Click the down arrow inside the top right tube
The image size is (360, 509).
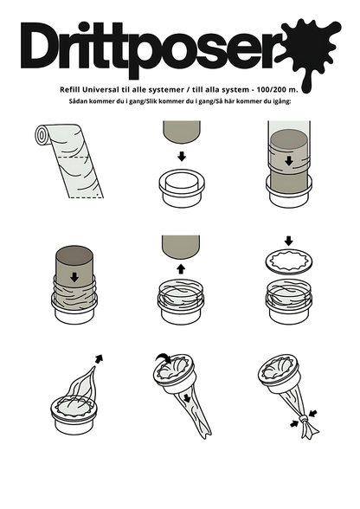coord(288,159)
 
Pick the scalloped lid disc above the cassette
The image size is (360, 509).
coord(288,262)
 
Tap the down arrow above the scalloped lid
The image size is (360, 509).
coord(288,240)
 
